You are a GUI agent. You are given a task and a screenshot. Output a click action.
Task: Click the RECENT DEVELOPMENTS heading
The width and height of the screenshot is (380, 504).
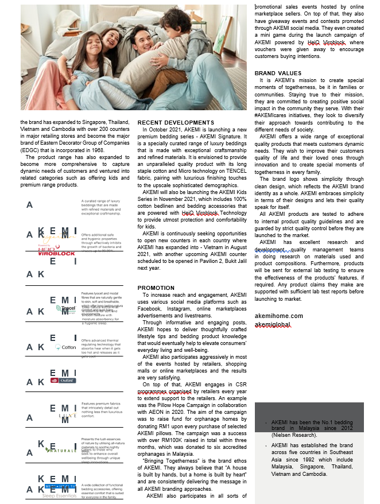tap(176, 122)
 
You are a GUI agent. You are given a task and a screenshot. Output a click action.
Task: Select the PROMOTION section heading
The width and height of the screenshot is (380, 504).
tap(156, 288)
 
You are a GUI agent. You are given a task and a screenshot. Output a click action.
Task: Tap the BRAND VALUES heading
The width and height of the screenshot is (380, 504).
tap(278, 73)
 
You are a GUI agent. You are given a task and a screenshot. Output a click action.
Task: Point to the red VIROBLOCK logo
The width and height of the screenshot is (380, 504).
tap(57, 253)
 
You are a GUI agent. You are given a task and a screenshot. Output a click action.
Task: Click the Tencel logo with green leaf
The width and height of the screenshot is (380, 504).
tap(67, 308)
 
